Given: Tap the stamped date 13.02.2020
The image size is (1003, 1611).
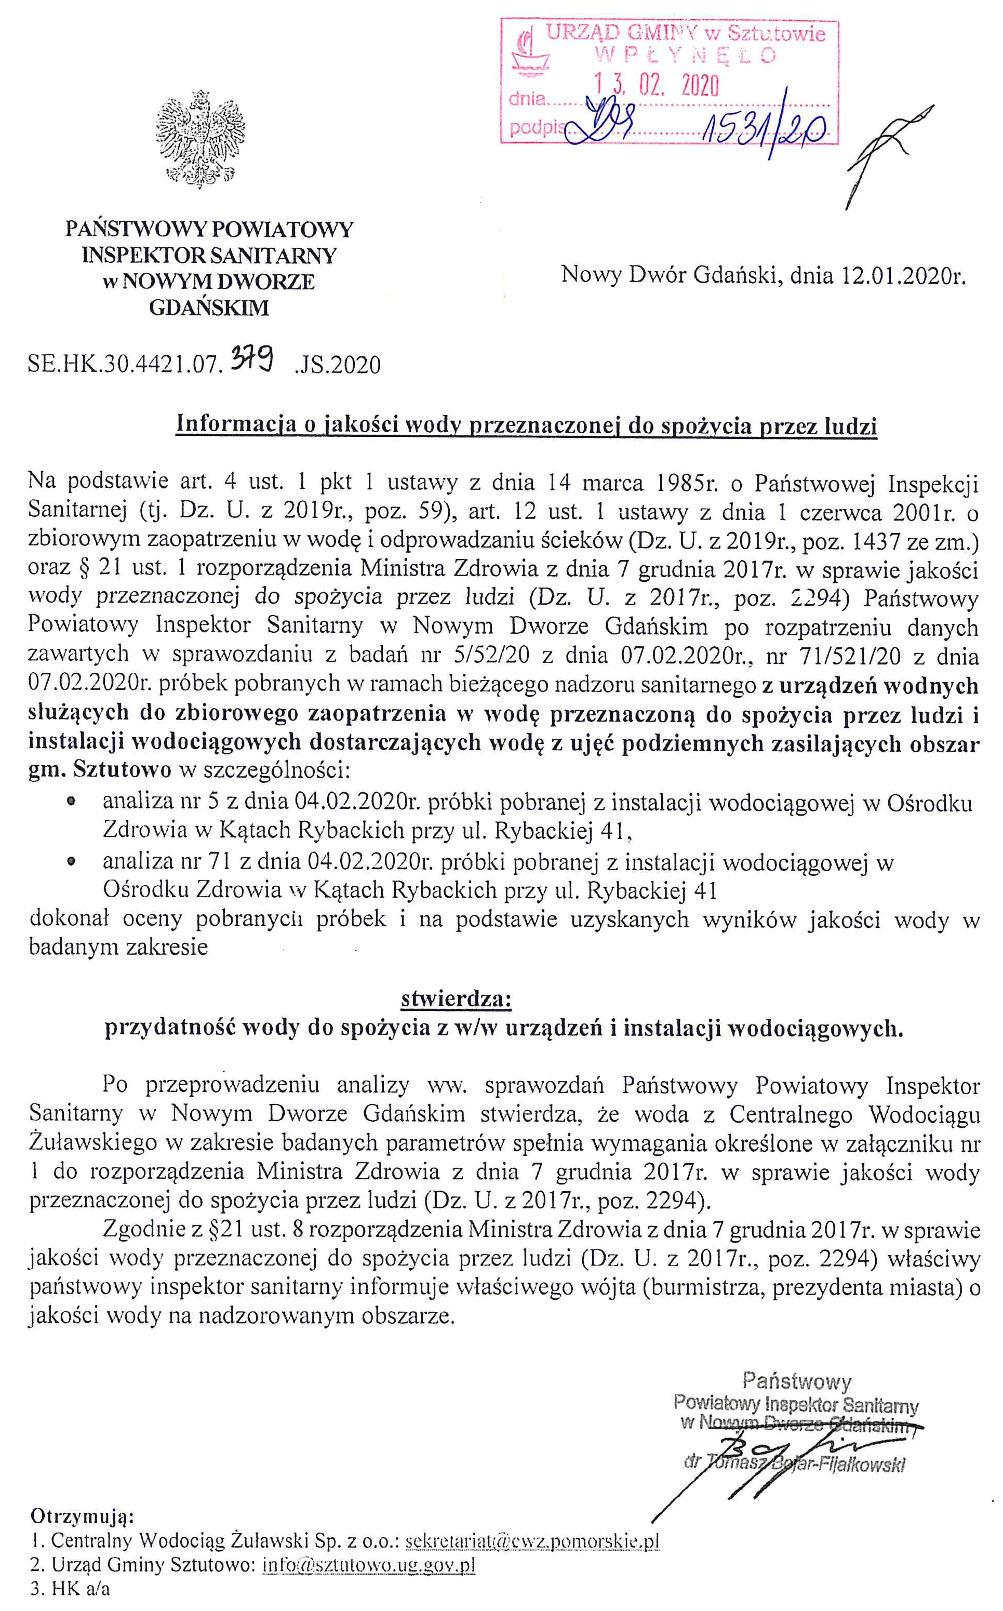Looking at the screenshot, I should click(x=657, y=85).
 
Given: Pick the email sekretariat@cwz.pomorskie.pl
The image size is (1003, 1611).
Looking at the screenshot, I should click(x=532, y=1541).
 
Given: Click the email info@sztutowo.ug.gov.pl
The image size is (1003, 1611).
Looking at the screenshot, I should click(x=369, y=1565).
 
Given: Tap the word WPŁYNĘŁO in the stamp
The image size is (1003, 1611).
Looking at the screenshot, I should click(x=686, y=56).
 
